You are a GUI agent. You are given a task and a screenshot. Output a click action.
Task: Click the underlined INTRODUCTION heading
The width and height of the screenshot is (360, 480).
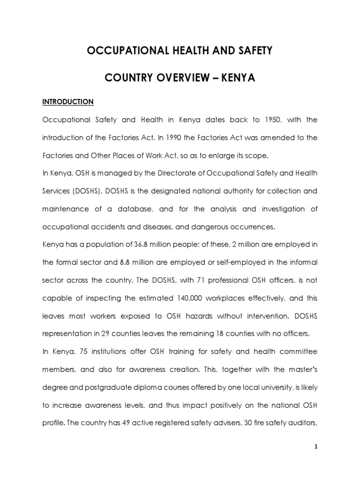point(68,101)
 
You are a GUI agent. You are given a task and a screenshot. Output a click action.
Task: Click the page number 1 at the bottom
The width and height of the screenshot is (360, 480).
point(316,447)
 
